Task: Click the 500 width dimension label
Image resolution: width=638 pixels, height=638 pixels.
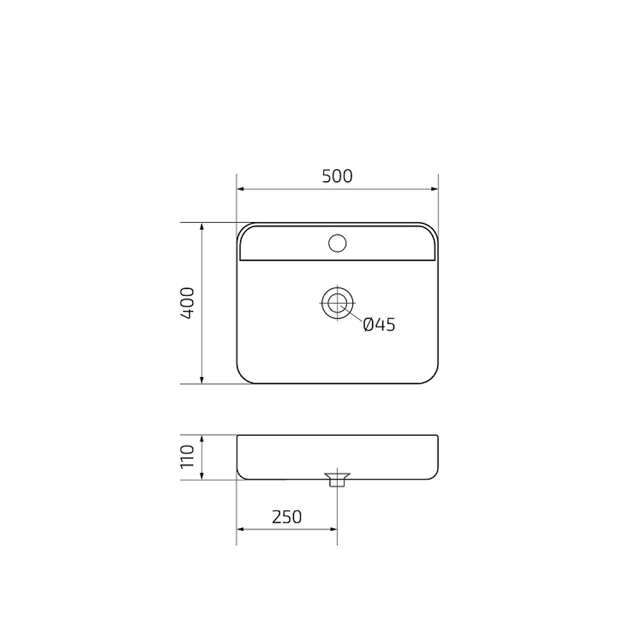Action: tap(337, 176)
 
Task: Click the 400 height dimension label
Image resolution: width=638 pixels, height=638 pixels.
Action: tap(186, 303)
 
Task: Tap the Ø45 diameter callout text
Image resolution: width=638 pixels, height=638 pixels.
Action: tap(379, 325)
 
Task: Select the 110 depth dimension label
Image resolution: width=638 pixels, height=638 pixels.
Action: tap(186, 457)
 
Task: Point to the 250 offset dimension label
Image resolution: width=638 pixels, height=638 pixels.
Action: tap(286, 516)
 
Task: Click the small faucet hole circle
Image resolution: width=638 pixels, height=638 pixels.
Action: tap(337, 242)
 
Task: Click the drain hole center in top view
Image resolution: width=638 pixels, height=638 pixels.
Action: tap(337, 303)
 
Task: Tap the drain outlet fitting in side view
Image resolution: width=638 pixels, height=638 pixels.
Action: tap(337, 478)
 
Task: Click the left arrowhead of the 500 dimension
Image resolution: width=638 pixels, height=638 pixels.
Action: tap(241, 189)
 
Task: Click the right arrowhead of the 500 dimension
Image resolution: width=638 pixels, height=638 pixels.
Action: tap(434, 189)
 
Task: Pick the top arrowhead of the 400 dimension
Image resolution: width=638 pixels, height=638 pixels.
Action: tap(202, 227)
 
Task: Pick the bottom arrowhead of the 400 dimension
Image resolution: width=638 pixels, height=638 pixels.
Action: tap(202, 380)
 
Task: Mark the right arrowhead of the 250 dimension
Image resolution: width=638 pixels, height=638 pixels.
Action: tap(333, 529)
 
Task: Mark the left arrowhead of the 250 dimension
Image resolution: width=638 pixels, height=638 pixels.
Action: tap(241, 529)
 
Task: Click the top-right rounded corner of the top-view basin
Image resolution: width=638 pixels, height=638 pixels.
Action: tap(433, 228)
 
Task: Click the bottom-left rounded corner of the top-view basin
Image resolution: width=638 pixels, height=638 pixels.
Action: tap(242, 378)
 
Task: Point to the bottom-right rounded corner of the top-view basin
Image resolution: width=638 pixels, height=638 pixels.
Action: tap(433, 378)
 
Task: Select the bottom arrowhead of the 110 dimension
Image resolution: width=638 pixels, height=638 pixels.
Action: tap(202, 476)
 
